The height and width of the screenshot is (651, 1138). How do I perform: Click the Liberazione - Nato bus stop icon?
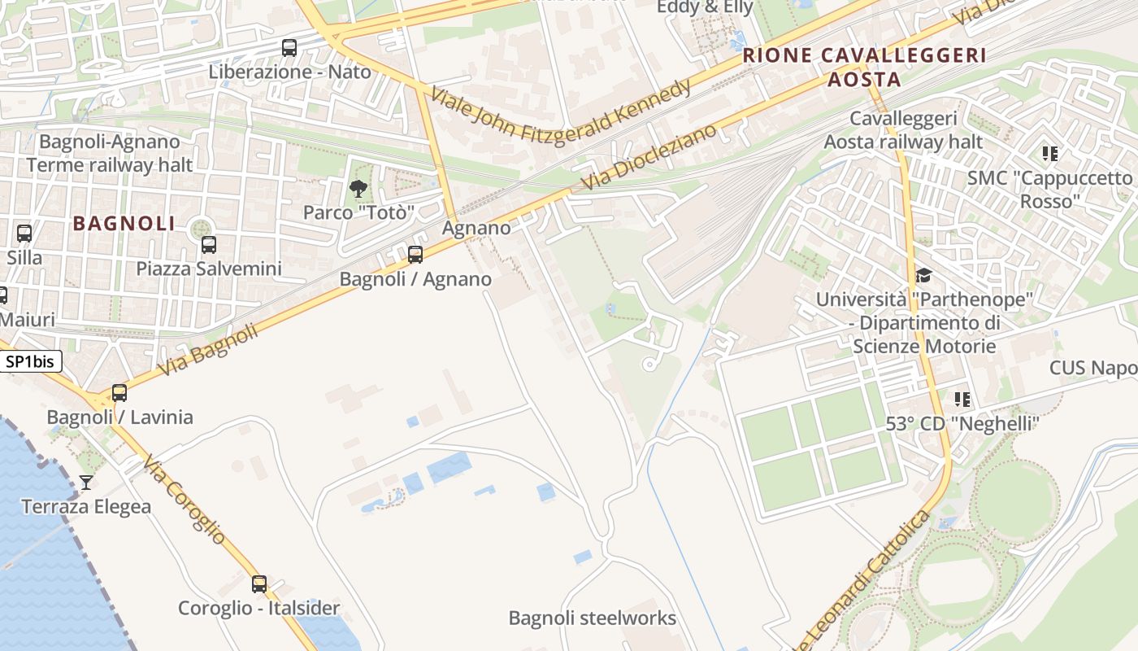(x=289, y=48)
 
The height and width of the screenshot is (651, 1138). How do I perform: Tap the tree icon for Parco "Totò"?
(x=358, y=190)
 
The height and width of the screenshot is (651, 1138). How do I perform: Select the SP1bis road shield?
(x=31, y=361)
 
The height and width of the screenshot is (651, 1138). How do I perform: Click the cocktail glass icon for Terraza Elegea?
(x=85, y=483)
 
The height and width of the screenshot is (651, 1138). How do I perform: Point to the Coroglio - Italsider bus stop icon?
(x=259, y=583)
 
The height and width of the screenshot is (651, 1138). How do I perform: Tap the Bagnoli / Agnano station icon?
(x=415, y=255)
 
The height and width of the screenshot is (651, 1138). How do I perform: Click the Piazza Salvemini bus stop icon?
(x=209, y=244)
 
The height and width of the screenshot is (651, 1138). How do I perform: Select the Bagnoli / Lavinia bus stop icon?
(x=119, y=393)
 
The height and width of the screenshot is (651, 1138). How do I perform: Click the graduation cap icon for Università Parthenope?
(x=923, y=275)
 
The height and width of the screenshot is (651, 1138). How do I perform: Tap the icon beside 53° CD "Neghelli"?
(x=962, y=399)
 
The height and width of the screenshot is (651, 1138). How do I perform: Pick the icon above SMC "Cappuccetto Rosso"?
(x=1049, y=153)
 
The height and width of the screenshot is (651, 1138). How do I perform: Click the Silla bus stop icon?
(x=24, y=234)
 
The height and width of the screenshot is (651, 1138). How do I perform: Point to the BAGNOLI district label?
(x=124, y=223)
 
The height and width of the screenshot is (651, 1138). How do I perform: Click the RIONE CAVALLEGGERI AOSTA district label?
(x=865, y=68)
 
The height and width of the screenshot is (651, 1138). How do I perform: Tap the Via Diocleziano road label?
(x=649, y=158)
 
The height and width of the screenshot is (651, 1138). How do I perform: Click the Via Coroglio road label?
(x=185, y=500)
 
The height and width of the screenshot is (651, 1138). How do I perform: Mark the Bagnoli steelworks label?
(x=592, y=618)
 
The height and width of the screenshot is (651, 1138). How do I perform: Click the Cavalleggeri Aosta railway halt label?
(x=903, y=130)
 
